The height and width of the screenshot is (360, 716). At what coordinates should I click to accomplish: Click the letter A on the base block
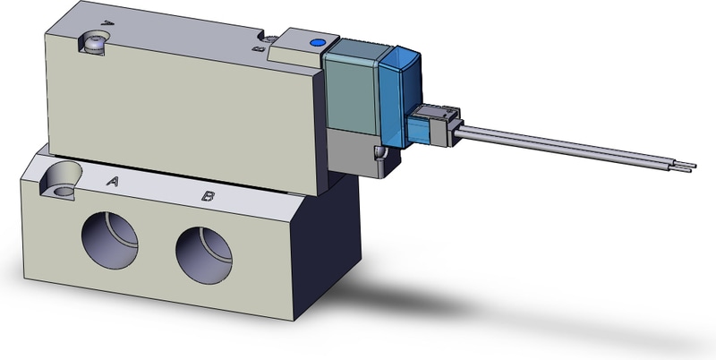[114, 182]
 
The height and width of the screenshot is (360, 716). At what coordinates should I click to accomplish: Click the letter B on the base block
[207, 194]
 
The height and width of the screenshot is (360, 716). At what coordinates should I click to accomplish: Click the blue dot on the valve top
[314, 42]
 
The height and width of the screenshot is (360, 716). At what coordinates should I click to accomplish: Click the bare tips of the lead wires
[690, 166]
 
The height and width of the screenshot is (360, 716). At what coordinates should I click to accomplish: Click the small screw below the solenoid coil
[382, 160]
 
